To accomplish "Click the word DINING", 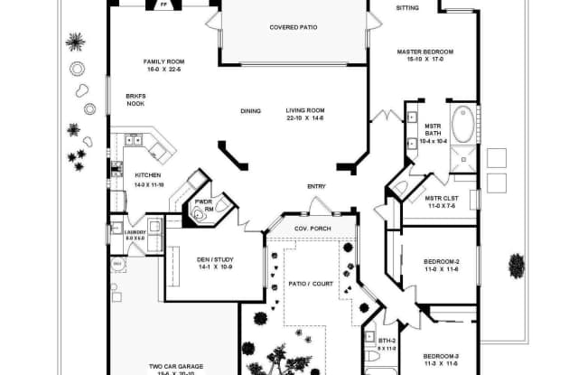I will (x=250, y=111).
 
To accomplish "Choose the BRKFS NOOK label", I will (x=135, y=98).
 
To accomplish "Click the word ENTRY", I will (x=316, y=186).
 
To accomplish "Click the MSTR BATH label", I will (x=433, y=133).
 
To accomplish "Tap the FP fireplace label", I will (x=163, y=5).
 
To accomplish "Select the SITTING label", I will (x=408, y=8).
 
